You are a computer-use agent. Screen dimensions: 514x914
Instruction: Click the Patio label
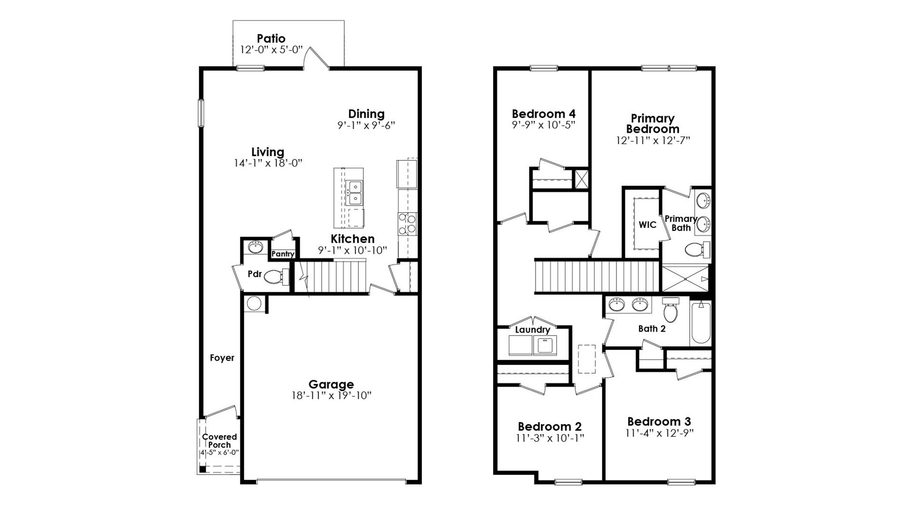click(x=271, y=39)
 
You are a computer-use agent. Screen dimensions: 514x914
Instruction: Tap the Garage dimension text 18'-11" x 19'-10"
click(x=331, y=395)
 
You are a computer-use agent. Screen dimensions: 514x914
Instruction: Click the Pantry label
click(x=283, y=254)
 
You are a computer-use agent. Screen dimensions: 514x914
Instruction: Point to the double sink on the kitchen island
click(x=354, y=193)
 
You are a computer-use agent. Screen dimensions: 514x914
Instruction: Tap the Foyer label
click(x=222, y=358)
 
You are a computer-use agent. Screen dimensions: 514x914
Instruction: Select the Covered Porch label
click(x=219, y=440)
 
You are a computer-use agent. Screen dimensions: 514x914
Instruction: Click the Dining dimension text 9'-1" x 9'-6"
click(x=366, y=126)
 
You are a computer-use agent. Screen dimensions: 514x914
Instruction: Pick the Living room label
click(x=268, y=152)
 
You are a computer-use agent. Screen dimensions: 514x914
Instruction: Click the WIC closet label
click(x=647, y=225)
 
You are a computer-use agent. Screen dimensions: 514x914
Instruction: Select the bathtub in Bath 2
click(x=701, y=322)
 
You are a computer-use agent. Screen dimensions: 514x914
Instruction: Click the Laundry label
click(x=532, y=330)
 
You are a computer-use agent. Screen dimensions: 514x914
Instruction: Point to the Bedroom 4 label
click(x=543, y=114)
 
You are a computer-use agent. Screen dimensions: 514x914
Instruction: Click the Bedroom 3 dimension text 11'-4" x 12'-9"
click(x=659, y=434)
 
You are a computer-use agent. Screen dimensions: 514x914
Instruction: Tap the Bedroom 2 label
click(x=549, y=426)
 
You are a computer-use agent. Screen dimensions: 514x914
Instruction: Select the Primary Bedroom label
click(x=652, y=124)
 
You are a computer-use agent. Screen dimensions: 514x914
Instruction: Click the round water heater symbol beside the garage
click(x=253, y=304)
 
